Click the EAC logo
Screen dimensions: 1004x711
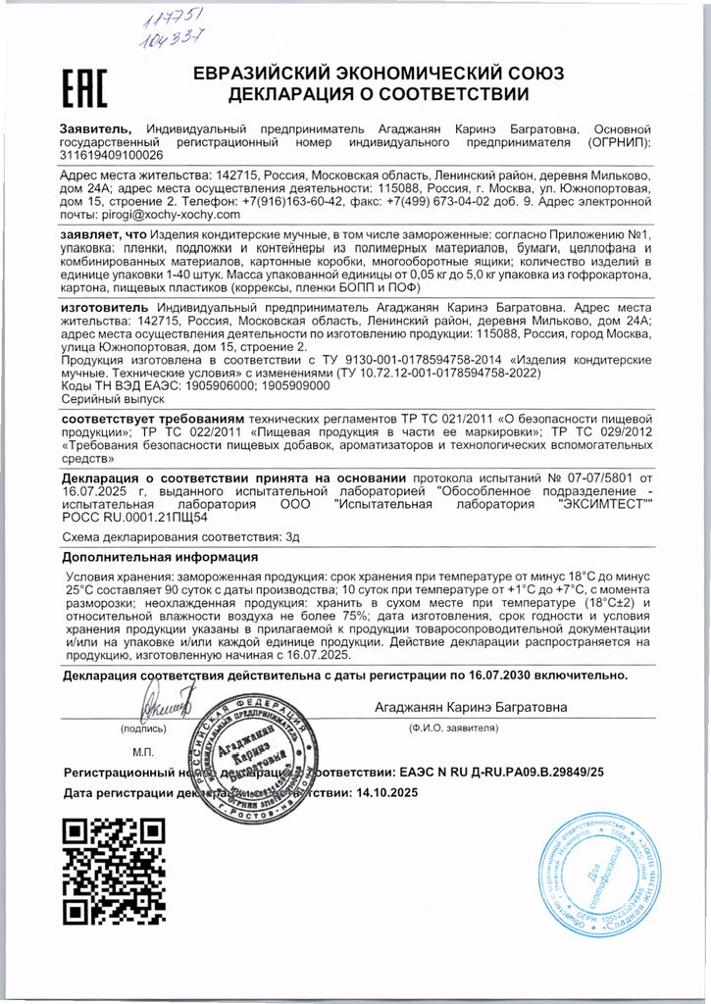84,87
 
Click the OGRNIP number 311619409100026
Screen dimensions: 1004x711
113,155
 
